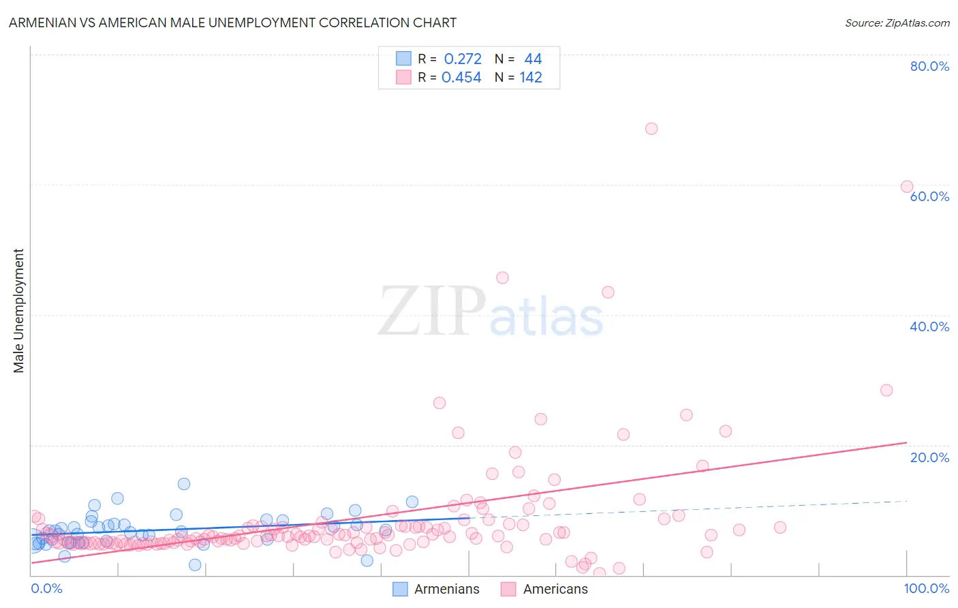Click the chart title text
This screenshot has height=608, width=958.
[232, 22]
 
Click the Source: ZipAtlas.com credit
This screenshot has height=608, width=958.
[897, 22]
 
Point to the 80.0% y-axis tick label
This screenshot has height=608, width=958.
[929, 66]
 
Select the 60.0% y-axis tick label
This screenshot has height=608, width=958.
[929, 196]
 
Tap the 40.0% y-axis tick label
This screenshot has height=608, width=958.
[929, 326]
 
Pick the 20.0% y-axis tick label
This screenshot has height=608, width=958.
[929, 457]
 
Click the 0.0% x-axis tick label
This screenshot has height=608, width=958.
[46, 588]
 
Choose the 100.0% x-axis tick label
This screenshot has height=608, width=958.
[926, 588]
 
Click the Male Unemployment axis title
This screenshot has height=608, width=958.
[18, 311]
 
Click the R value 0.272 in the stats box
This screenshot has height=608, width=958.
[463, 59]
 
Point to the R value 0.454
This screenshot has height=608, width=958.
[461, 77]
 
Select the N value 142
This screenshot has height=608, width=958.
[531, 77]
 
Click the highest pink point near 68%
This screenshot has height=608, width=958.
[651, 129]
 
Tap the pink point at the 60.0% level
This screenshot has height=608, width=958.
[907, 187]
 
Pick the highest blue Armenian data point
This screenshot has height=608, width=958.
[184, 484]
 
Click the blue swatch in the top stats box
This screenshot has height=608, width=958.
[403, 59]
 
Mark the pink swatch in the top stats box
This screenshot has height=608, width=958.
[403, 77]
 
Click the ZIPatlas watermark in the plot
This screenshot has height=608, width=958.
[491, 311]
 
